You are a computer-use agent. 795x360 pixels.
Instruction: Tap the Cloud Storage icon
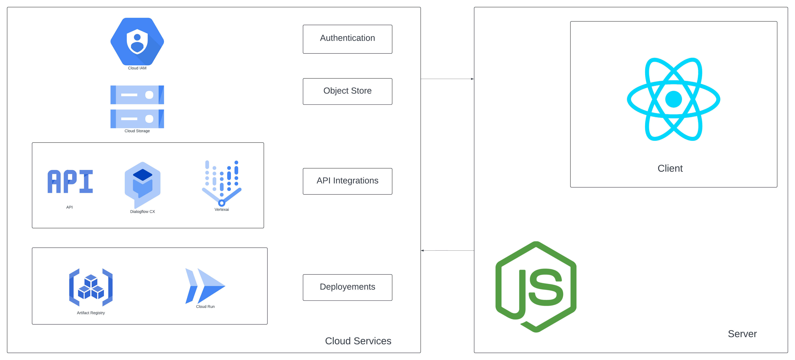tap(137, 107)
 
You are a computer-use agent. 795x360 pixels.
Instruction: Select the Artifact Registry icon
tap(91, 287)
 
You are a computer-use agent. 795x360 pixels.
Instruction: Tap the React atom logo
tap(673, 99)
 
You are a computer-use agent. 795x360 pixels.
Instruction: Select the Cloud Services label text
tap(358, 341)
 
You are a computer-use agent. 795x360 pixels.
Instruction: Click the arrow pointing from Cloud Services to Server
tap(447, 79)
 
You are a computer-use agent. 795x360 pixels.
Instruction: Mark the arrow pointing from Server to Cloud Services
tap(447, 251)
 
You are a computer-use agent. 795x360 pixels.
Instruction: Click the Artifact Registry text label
tap(91, 313)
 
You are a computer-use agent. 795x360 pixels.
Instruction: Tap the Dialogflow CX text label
tap(142, 212)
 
